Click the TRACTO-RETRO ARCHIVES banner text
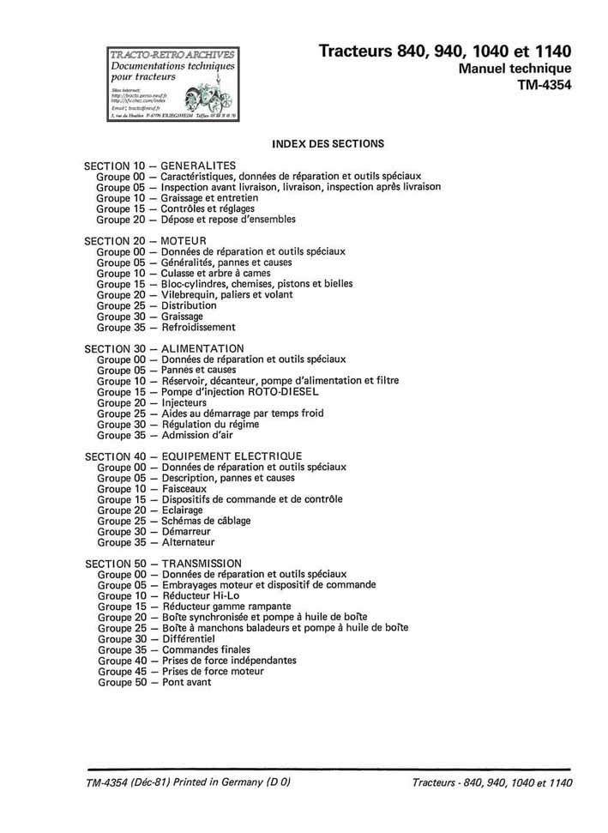(x=172, y=55)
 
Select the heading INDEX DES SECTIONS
(x=328, y=143)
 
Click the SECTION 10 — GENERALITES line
(x=160, y=165)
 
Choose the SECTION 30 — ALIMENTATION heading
(x=164, y=348)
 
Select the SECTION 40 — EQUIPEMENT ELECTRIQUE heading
(x=193, y=456)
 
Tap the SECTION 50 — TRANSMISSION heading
(x=163, y=563)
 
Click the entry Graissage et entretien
(x=209, y=197)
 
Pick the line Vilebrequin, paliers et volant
(x=226, y=294)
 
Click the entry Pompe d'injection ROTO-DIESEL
(x=240, y=391)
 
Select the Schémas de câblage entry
(x=210, y=521)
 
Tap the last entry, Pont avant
(x=186, y=682)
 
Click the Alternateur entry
(x=188, y=542)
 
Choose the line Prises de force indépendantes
(x=229, y=661)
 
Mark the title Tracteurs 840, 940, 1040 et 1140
(x=444, y=51)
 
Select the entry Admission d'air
(x=196, y=435)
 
